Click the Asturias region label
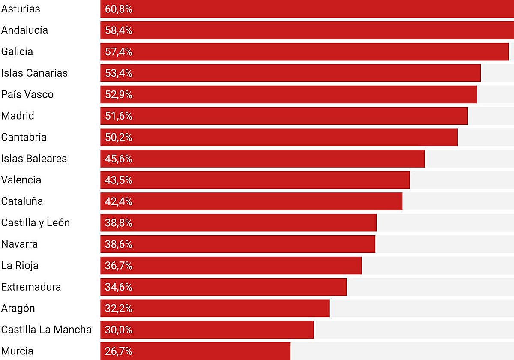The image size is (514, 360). click(x=21, y=9)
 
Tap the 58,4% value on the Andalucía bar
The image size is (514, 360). click(x=119, y=30)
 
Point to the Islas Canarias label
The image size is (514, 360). click(x=34, y=73)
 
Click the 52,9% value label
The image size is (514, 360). click(x=119, y=95)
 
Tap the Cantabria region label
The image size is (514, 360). click(x=24, y=138)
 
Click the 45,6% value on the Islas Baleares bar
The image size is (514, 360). click(x=119, y=159)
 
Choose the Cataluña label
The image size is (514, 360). click(x=22, y=201)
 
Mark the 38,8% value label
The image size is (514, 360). click(x=119, y=223)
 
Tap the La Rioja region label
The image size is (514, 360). click(x=20, y=266)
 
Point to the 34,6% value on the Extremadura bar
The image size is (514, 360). click(x=119, y=287)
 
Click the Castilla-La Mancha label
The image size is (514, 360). click(x=46, y=330)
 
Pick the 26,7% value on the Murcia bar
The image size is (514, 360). click(x=119, y=351)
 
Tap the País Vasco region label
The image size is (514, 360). click(x=27, y=95)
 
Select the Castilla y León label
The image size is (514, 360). click(x=36, y=223)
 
